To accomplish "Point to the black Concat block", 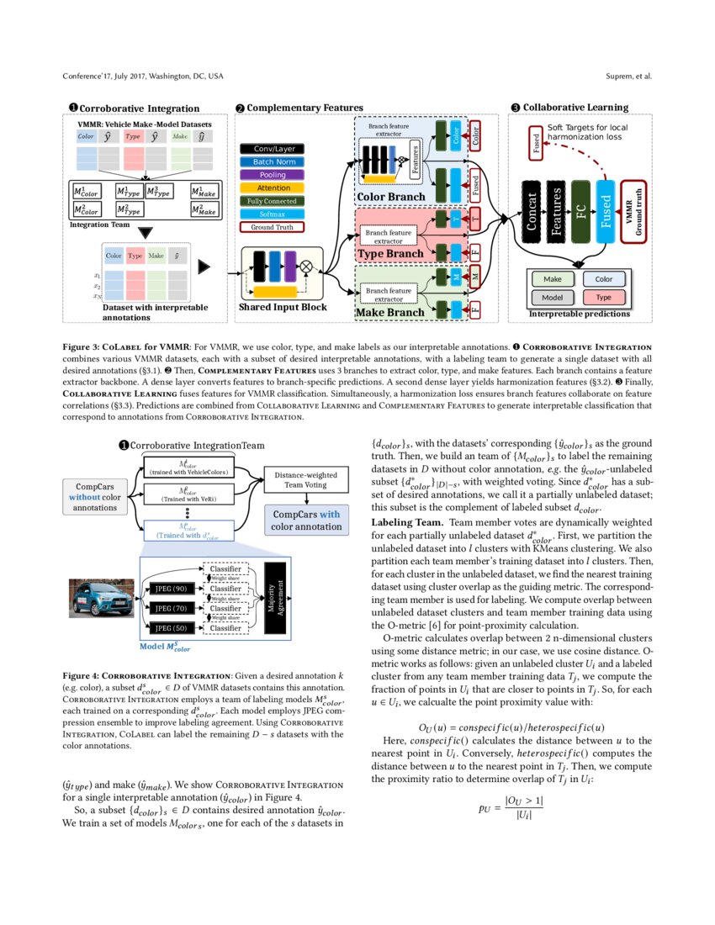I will pyautogui.click(x=531, y=210).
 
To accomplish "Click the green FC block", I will pyautogui.click(x=580, y=210).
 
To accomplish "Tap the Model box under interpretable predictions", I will pyautogui.click(x=553, y=298).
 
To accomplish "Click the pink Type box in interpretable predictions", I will pyautogui.click(x=603, y=298).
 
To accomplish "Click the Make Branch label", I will pyautogui.click(x=389, y=313).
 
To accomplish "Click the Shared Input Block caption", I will pyautogui.click(x=283, y=308).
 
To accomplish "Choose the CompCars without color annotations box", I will pyautogui.click(x=94, y=496).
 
